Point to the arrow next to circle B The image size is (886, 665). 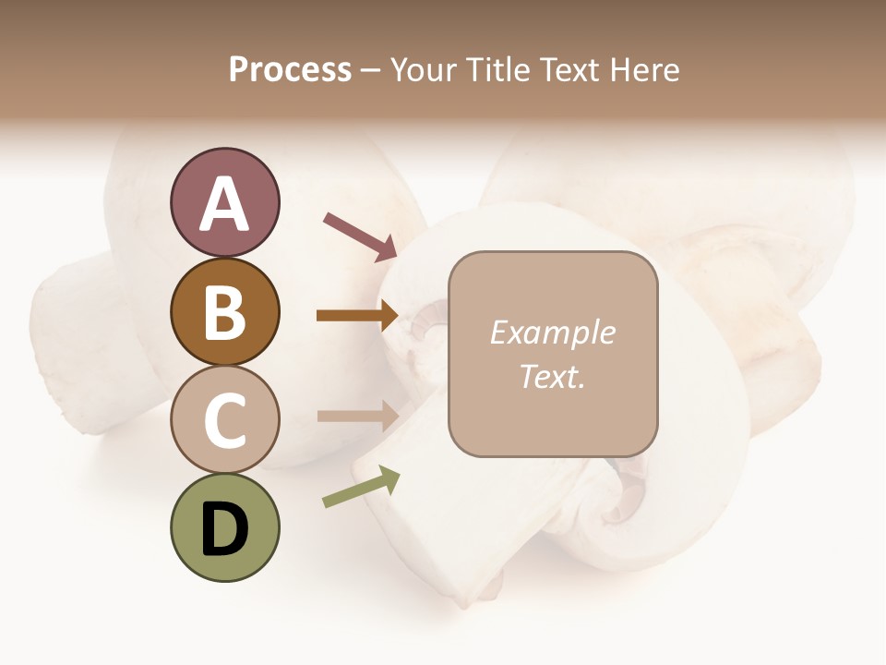click(357, 316)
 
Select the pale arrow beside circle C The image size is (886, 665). click(357, 416)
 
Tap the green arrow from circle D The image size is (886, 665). click(361, 487)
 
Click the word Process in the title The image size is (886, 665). click(290, 69)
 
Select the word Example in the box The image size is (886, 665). click(552, 332)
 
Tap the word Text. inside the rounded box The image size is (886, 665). click(552, 376)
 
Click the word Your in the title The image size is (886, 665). click(423, 69)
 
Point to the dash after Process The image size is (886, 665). click(370, 70)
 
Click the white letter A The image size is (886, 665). click(225, 204)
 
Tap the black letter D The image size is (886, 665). click(225, 529)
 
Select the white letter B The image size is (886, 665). click(225, 312)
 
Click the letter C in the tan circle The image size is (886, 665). click(225, 420)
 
